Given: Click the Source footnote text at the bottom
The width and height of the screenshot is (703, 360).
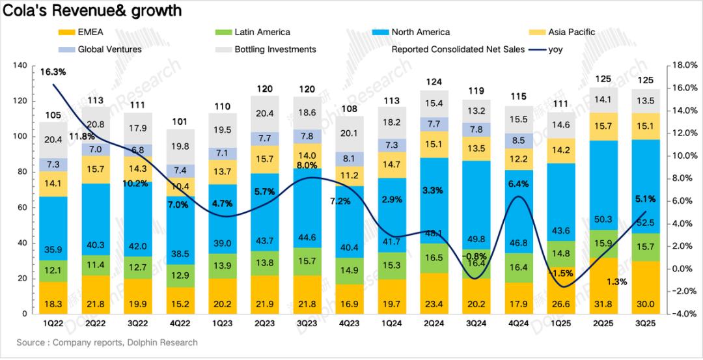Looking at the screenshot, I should pos(107,342).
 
